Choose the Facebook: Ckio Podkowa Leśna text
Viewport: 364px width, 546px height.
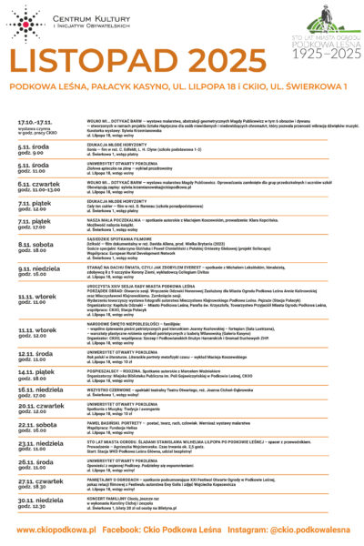pyautogui.click(x=177, y=529)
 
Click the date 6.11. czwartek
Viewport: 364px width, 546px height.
pyautogui.click(x=38, y=183)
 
